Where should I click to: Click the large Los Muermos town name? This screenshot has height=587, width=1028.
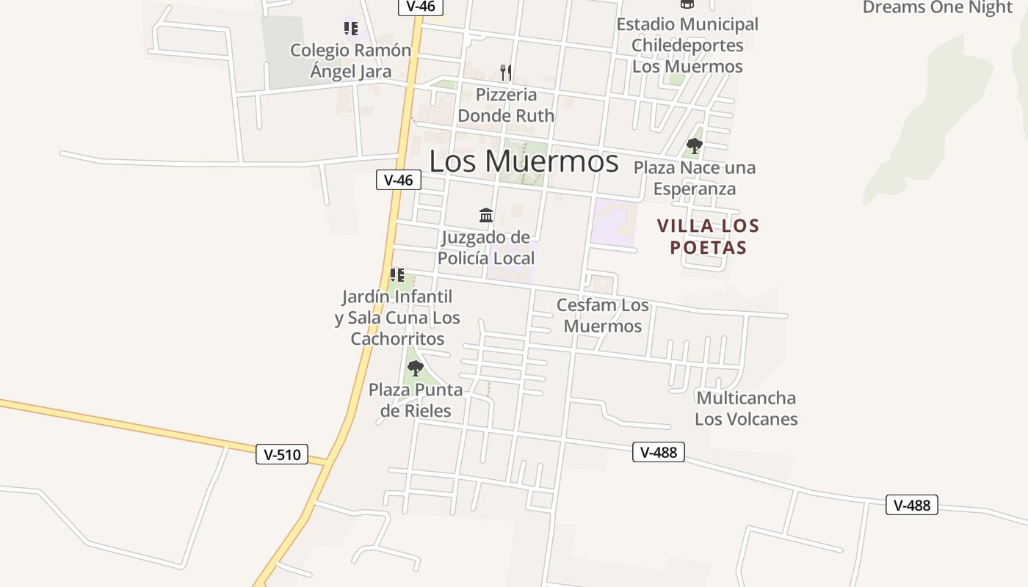tap(524, 161)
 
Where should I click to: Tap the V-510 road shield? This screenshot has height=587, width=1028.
tap(282, 454)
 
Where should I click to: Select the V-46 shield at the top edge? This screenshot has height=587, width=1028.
tap(421, 7)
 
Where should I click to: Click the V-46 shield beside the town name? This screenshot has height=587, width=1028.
tap(399, 180)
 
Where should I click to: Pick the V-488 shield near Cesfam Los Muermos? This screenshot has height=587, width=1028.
tap(659, 452)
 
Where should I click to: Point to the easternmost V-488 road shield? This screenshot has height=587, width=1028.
tap(912, 505)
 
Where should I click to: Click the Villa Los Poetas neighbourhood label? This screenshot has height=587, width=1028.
tap(708, 236)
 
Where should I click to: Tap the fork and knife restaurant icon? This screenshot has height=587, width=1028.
tap(505, 72)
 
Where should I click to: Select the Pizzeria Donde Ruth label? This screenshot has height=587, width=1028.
tap(506, 105)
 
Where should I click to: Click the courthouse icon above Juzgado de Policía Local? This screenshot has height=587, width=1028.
tap(486, 215)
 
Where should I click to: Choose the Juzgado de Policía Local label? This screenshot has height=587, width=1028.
tap(486, 248)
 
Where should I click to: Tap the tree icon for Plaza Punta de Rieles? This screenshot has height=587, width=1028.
tap(416, 368)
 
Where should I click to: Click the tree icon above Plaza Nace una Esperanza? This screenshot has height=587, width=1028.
tap(694, 145)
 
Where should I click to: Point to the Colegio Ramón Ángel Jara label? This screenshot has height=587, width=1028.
tap(350, 61)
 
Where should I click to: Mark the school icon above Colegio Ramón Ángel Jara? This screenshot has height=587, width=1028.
tap(351, 29)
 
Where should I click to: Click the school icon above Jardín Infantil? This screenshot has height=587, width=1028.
tap(397, 275)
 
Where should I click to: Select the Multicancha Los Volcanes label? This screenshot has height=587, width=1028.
tap(746, 409)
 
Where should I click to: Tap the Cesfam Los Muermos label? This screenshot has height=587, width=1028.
tap(603, 316)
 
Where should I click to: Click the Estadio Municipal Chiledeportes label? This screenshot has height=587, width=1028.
tap(687, 45)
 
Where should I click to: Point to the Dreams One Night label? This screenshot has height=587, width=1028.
tap(937, 7)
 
